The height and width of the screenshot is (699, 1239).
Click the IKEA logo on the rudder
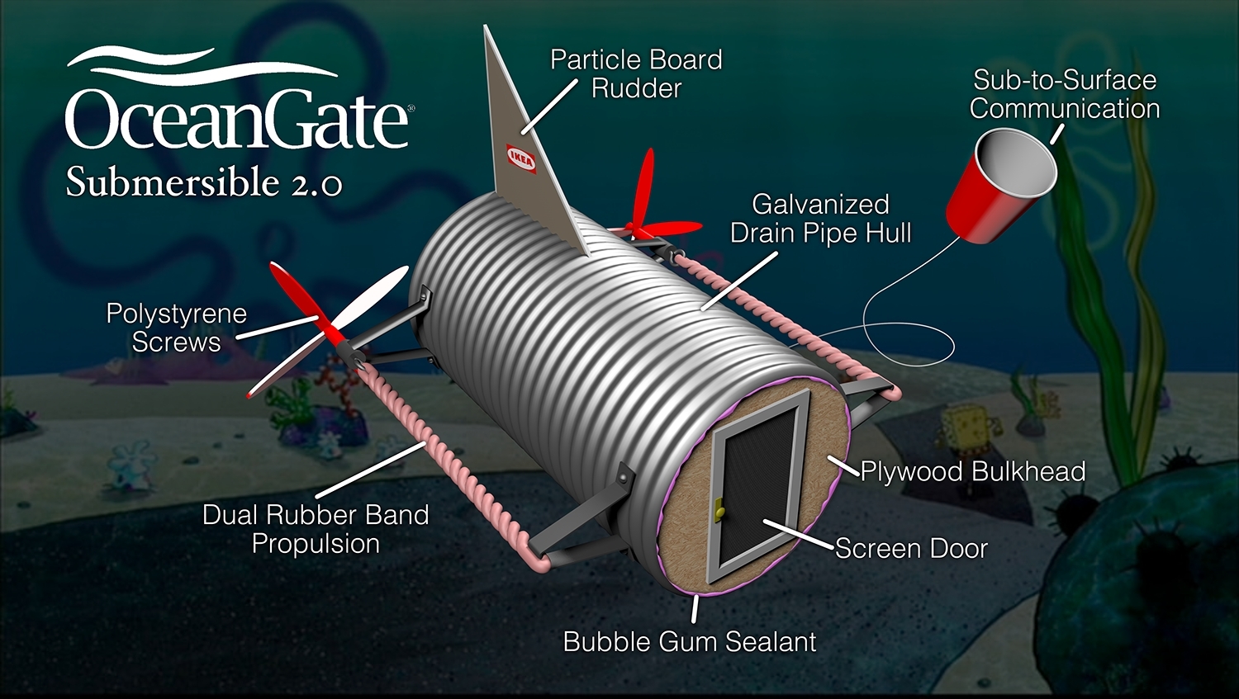[521, 158]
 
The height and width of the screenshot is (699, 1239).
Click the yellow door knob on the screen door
[719, 509]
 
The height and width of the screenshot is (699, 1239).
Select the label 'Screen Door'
[911, 549]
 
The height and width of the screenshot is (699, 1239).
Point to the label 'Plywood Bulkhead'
[973, 471]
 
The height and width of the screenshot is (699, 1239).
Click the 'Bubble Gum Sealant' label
[689, 641]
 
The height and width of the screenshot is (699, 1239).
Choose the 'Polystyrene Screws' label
[177, 328]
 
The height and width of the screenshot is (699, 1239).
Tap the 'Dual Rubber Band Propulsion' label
[316, 529]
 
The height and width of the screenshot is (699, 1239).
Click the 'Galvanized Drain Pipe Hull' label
[820, 218]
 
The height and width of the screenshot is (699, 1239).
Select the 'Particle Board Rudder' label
[636, 74]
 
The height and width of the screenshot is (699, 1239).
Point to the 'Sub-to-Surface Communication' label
[1064, 94]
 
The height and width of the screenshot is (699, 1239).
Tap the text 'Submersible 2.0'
[204, 182]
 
